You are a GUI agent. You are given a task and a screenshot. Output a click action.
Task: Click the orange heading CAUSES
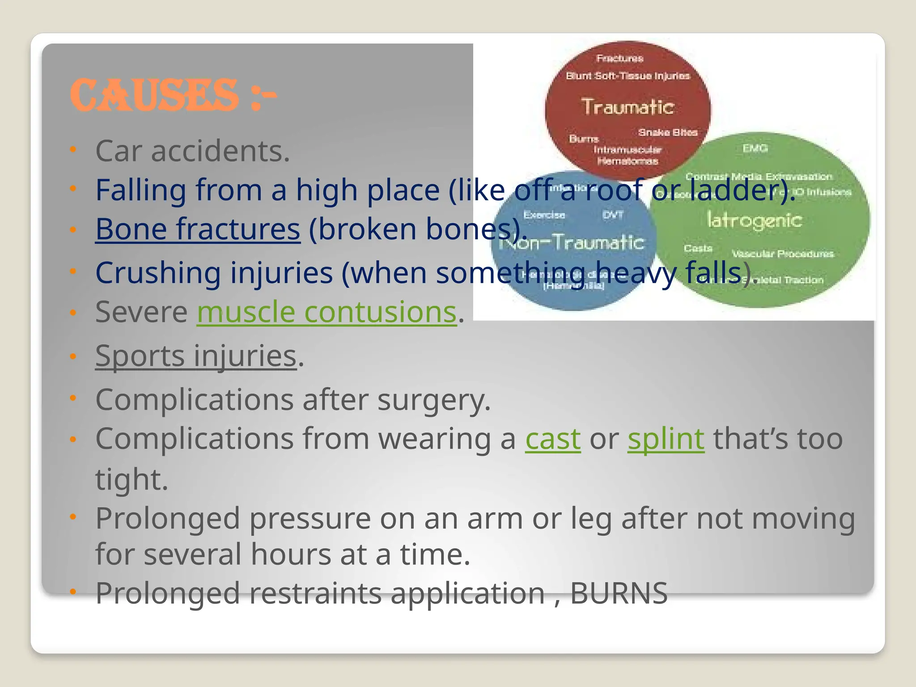pyautogui.click(x=154, y=95)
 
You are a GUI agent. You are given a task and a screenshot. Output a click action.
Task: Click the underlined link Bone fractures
pyautogui.click(x=197, y=229)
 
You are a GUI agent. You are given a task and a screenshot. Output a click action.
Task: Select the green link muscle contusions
pyautogui.click(x=327, y=312)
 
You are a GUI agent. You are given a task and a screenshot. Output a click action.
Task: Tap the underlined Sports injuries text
pyautogui.click(x=196, y=356)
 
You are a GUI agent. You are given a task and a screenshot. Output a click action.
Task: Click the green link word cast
pyautogui.click(x=553, y=439)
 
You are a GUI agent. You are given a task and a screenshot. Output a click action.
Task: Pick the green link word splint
pyautogui.click(x=666, y=439)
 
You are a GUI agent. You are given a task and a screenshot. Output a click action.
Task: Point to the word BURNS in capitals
pyautogui.click(x=619, y=594)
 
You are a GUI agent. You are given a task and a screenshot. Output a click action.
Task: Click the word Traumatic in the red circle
pyautogui.click(x=628, y=107)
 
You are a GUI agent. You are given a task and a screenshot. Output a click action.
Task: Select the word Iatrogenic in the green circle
pyautogui.click(x=754, y=220)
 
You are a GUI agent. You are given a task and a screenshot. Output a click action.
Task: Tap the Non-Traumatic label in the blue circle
pyautogui.click(x=572, y=243)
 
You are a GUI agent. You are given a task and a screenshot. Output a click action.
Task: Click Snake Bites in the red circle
pyautogui.click(x=668, y=132)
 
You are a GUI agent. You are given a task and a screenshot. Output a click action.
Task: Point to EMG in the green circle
pyautogui.click(x=755, y=148)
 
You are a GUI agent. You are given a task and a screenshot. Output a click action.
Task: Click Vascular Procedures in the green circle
pyautogui.click(x=783, y=254)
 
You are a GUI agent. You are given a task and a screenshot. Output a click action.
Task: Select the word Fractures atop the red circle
pyautogui.click(x=619, y=59)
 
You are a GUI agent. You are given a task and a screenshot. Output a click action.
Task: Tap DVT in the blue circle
pyautogui.click(x=612, y=215)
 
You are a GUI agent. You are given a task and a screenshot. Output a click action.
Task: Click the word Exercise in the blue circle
pyautogui.click(x=544, y=215)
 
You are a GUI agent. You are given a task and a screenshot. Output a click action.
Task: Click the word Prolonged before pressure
pyautogui.click(x=168, y=519)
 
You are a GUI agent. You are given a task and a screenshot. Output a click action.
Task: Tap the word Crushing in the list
pyautogui.click(x=158, y=273)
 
